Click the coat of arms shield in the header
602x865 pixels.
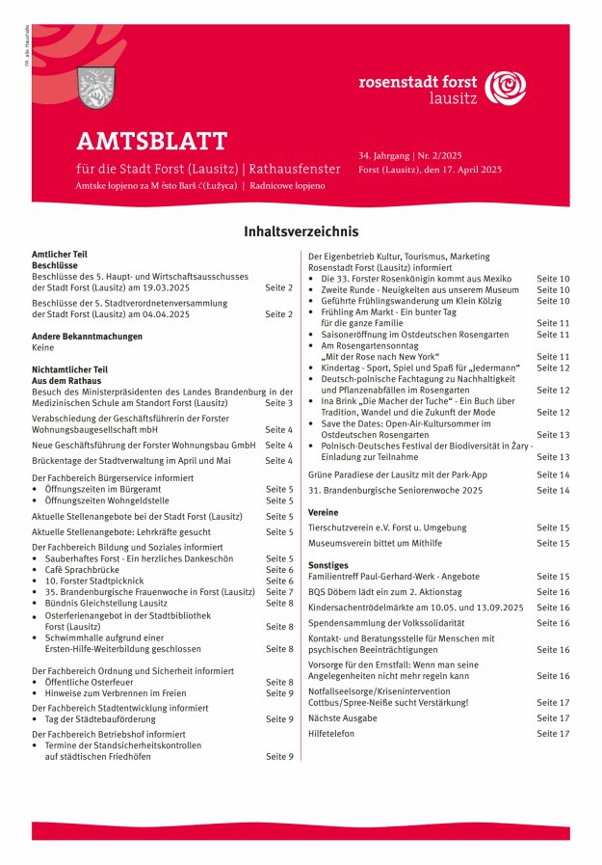(x=93, y=87)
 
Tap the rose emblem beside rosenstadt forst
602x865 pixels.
(x=506, y=87)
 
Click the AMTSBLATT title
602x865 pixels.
(x=152, y=142)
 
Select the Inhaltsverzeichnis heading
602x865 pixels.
(x=301, y=232)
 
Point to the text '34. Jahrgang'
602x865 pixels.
(x=383, y=154)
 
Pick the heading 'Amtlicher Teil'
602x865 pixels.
(x=60, y=253)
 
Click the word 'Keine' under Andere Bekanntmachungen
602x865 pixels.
(x=42, y=347)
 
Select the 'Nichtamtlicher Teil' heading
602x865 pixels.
(x=69, y=369)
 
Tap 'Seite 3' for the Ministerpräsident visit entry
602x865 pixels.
(x=279, y=402)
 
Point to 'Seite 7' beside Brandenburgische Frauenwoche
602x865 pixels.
(x=279, y=592)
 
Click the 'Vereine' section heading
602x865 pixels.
(x=323, y=512)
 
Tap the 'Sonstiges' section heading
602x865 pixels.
(x=327, y=564)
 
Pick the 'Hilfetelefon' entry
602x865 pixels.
(x=331, y=734)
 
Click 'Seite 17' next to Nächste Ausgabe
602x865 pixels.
(x=553, y=718)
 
